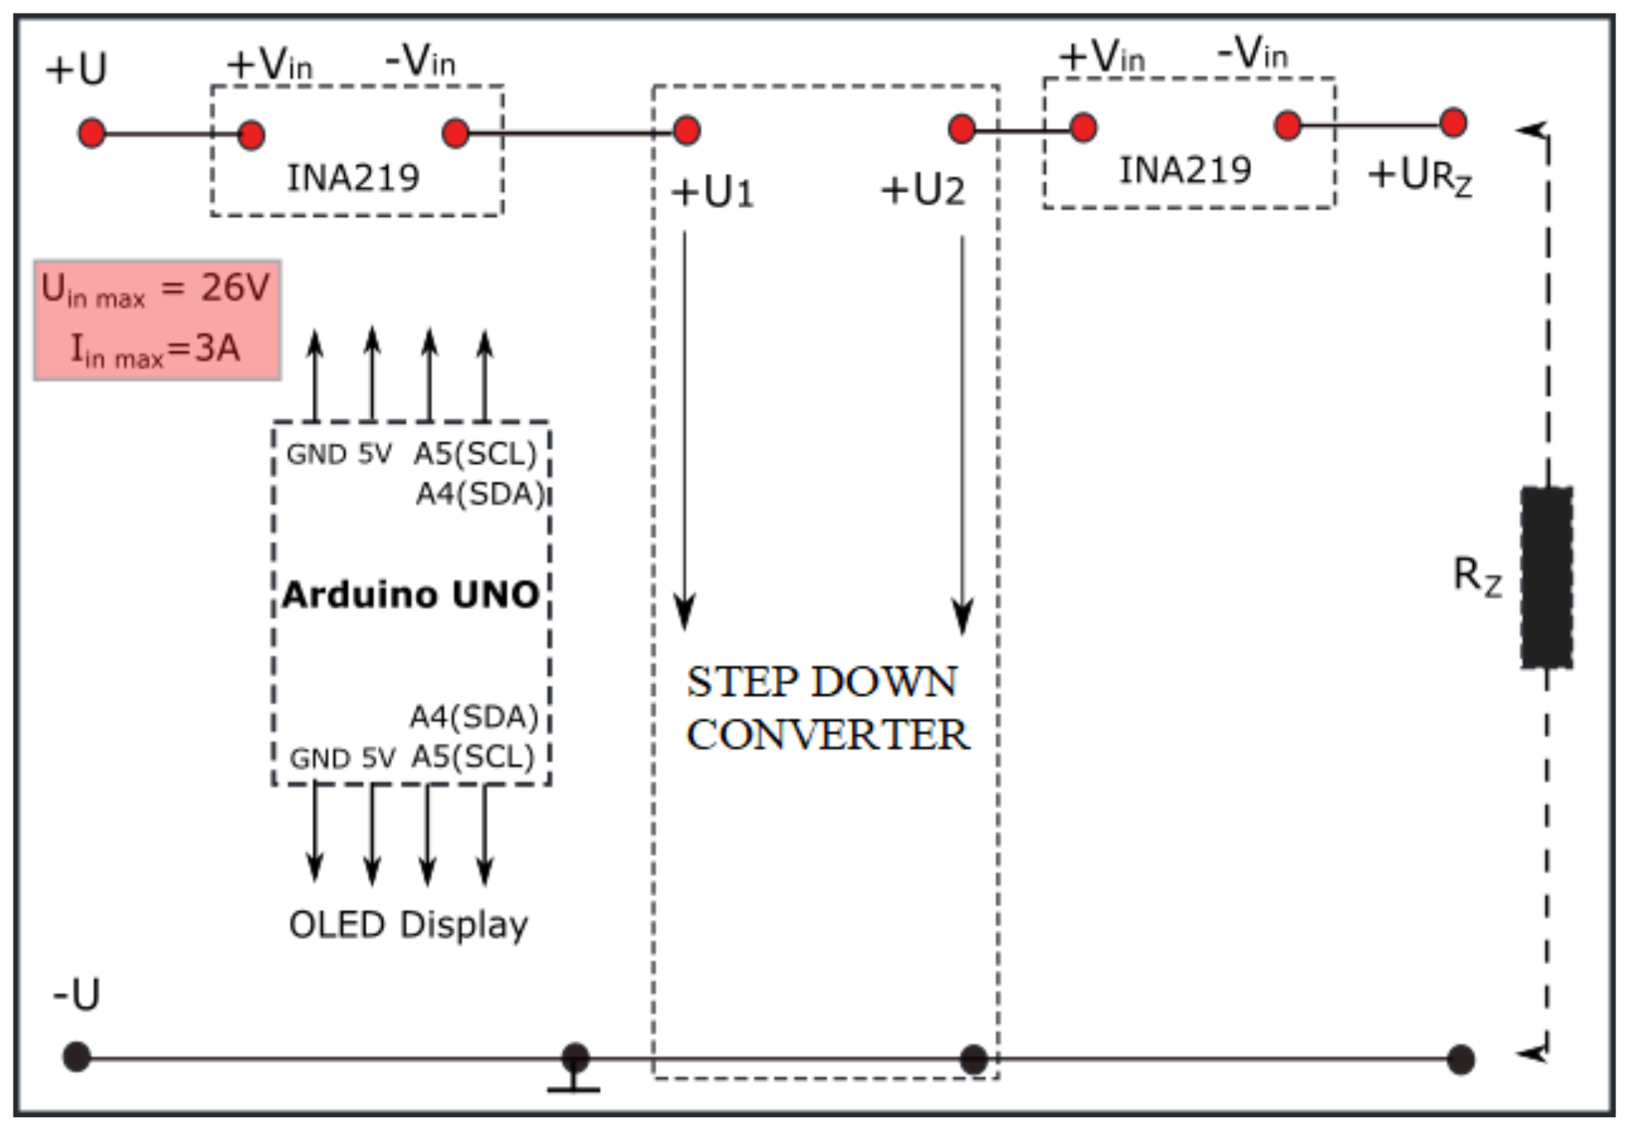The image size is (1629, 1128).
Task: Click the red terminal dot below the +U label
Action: tap(92, 133)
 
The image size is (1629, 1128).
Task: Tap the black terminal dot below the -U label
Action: tap(77, 1056)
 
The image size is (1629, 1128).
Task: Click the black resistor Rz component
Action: tap(1546, 577)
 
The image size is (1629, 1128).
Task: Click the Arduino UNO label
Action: tap(411, 595)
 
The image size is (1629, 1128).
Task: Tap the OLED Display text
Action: tap(408, 925)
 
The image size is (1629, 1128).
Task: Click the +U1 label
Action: tap(712, 193)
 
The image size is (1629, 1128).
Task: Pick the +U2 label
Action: tap(922, 191)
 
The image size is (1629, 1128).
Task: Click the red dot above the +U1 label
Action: tap(686, 131)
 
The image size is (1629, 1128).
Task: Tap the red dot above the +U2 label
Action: tap(961, 128)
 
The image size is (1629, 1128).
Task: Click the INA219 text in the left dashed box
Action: tap(353, 178)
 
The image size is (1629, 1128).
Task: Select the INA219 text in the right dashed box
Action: tap(1185, 170)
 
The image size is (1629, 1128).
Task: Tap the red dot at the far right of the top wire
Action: tap(1453, 123)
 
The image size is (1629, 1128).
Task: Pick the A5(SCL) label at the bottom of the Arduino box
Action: tap(473, 757)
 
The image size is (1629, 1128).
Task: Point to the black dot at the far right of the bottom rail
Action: tap(1460, 1059)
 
